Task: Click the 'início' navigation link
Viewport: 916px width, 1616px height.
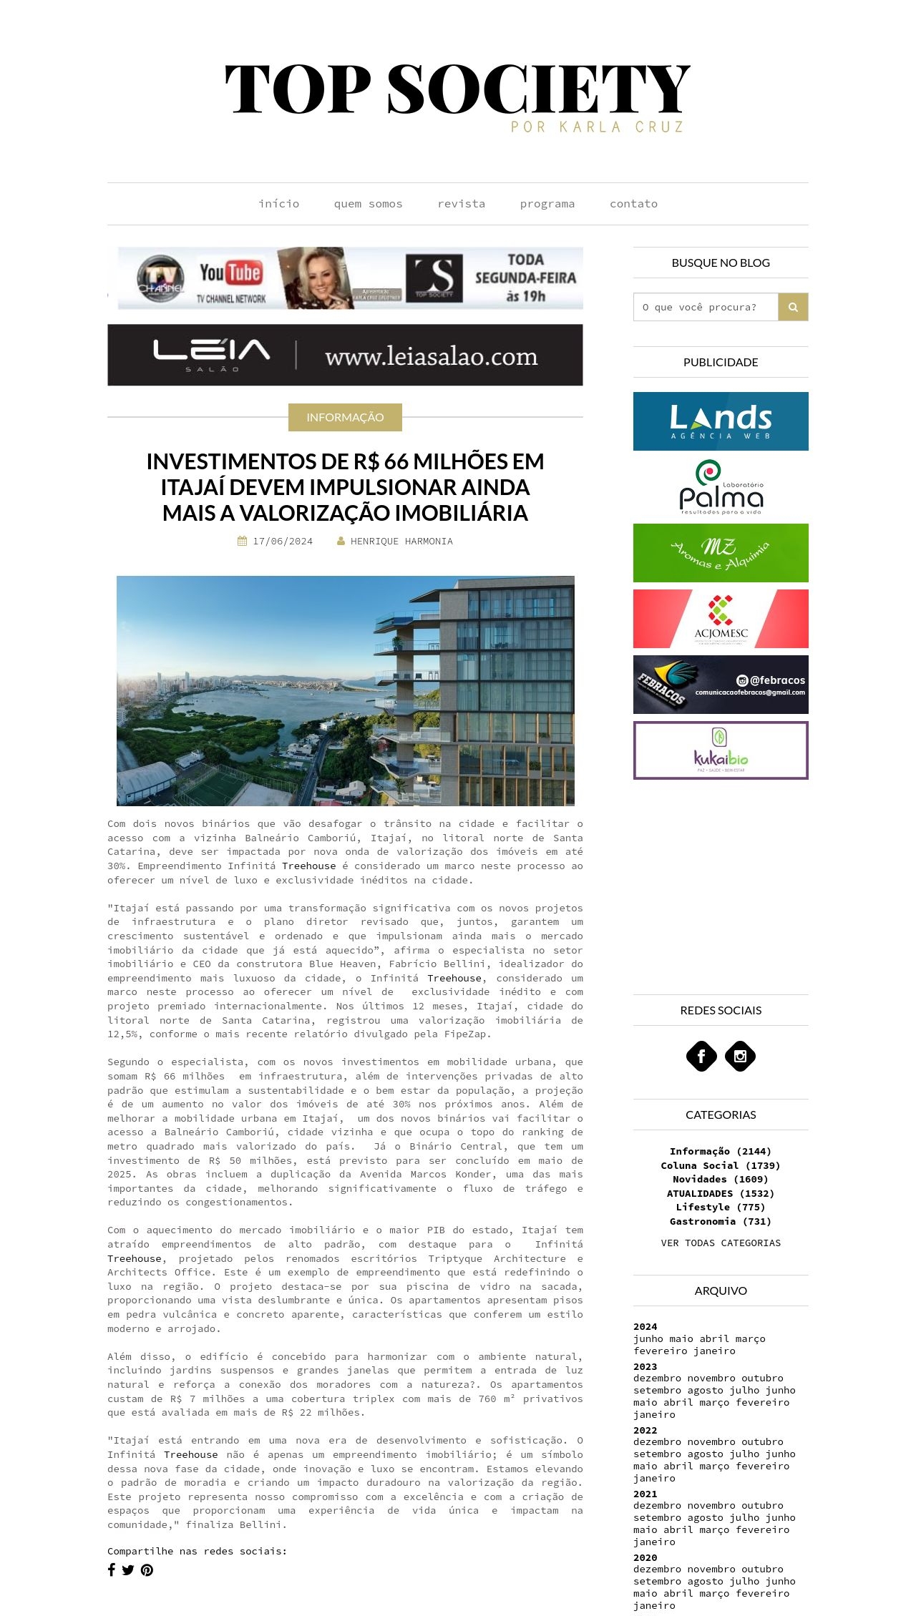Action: (278, 204)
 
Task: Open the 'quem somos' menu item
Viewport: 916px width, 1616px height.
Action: (368, 204)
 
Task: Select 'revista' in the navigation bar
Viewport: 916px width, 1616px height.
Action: (461, 204)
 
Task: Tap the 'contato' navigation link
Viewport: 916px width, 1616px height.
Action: (633, 204)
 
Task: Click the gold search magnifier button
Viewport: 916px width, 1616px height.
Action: (793, 307)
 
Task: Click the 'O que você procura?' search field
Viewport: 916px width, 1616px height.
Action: (705, 307)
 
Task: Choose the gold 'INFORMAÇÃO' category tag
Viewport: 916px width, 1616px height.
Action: (345, 417)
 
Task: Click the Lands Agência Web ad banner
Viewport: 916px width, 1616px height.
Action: (721, 421)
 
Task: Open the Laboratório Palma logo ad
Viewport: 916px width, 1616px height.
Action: (721, 487)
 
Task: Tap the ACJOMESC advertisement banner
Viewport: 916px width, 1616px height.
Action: (721, 619)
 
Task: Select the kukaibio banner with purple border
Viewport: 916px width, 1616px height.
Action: (721, 750)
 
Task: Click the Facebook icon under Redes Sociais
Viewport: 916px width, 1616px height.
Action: (701, 1056)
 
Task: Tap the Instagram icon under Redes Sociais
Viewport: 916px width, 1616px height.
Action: (740, 1056)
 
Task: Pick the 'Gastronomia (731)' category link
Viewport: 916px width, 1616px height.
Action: (721, 1221)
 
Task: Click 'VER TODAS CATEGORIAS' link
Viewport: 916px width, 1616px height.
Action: (721, 1243)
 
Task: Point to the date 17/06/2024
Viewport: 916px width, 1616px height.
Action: (282, 542)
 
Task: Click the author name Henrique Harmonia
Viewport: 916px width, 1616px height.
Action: (401, 542)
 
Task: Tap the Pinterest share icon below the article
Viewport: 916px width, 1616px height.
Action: (147, 1570)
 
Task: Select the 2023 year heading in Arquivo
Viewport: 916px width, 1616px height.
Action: (645, 1366)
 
